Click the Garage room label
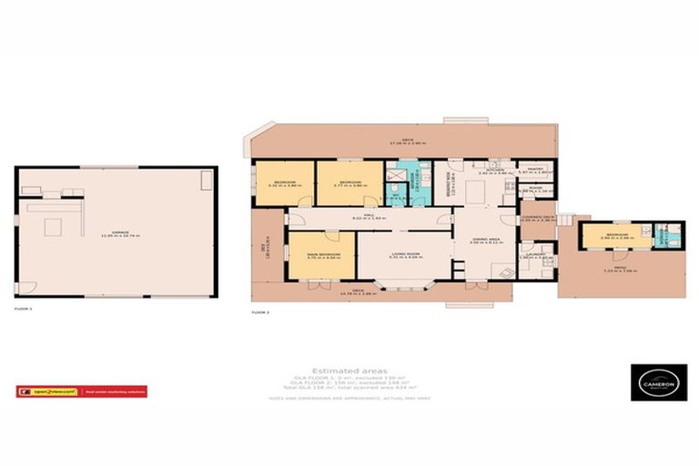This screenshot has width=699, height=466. pyautogui.click(x=116, y=235)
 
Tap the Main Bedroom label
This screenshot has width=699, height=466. pyautogui.click(x=323, y=256)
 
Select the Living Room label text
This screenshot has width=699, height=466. pyautogui.click(x=405, y=256)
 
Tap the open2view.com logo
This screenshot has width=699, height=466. pyautogui.click(x=53, y=391)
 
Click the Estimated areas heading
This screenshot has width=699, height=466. pyautogui.click(x=349, y=370)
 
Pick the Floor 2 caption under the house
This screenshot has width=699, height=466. pyautogui.click(x=261, y=312)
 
